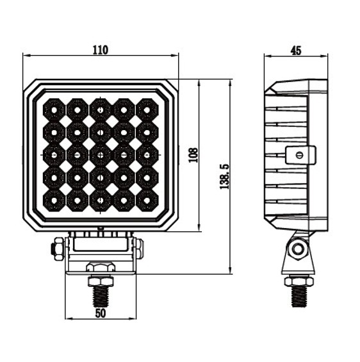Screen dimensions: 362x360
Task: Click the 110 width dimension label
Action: tap(100, 49)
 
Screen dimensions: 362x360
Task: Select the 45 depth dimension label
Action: tap(295, 49)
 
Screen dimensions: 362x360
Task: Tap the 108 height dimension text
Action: tap(193, 154)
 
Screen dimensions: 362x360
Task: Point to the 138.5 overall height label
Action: tap(224, 176)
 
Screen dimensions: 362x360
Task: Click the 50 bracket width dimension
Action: tap(100, 312)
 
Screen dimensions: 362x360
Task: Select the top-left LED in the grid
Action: tap(54, 109)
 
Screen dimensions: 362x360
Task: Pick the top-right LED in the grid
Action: tap(147, 109)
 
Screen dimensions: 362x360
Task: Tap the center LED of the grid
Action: tap(101, 154)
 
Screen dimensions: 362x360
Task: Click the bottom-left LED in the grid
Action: tap(54, 200)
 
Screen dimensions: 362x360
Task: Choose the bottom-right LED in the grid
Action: tap(147, 200)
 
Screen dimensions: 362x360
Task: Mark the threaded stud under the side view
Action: tap(297, 295)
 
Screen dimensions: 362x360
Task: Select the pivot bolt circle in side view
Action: tap(296, 249)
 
